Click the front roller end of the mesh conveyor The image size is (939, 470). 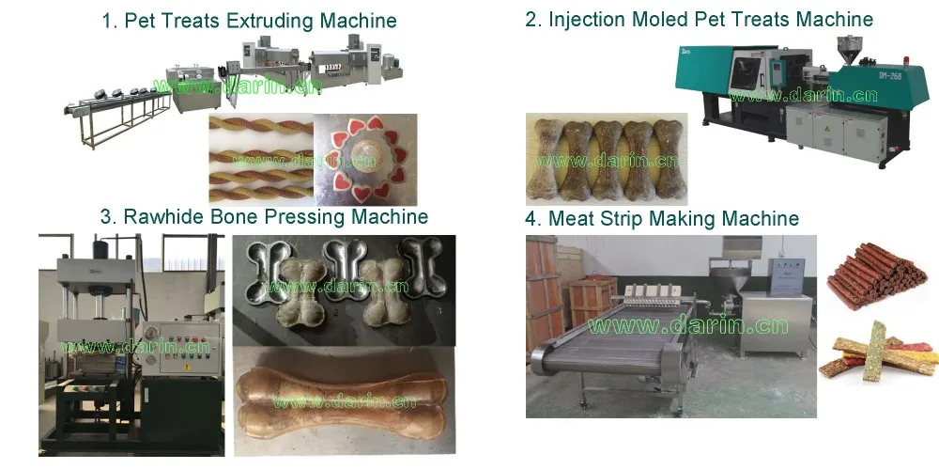pos(544,356)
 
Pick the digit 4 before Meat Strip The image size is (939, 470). pos(531,219)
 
